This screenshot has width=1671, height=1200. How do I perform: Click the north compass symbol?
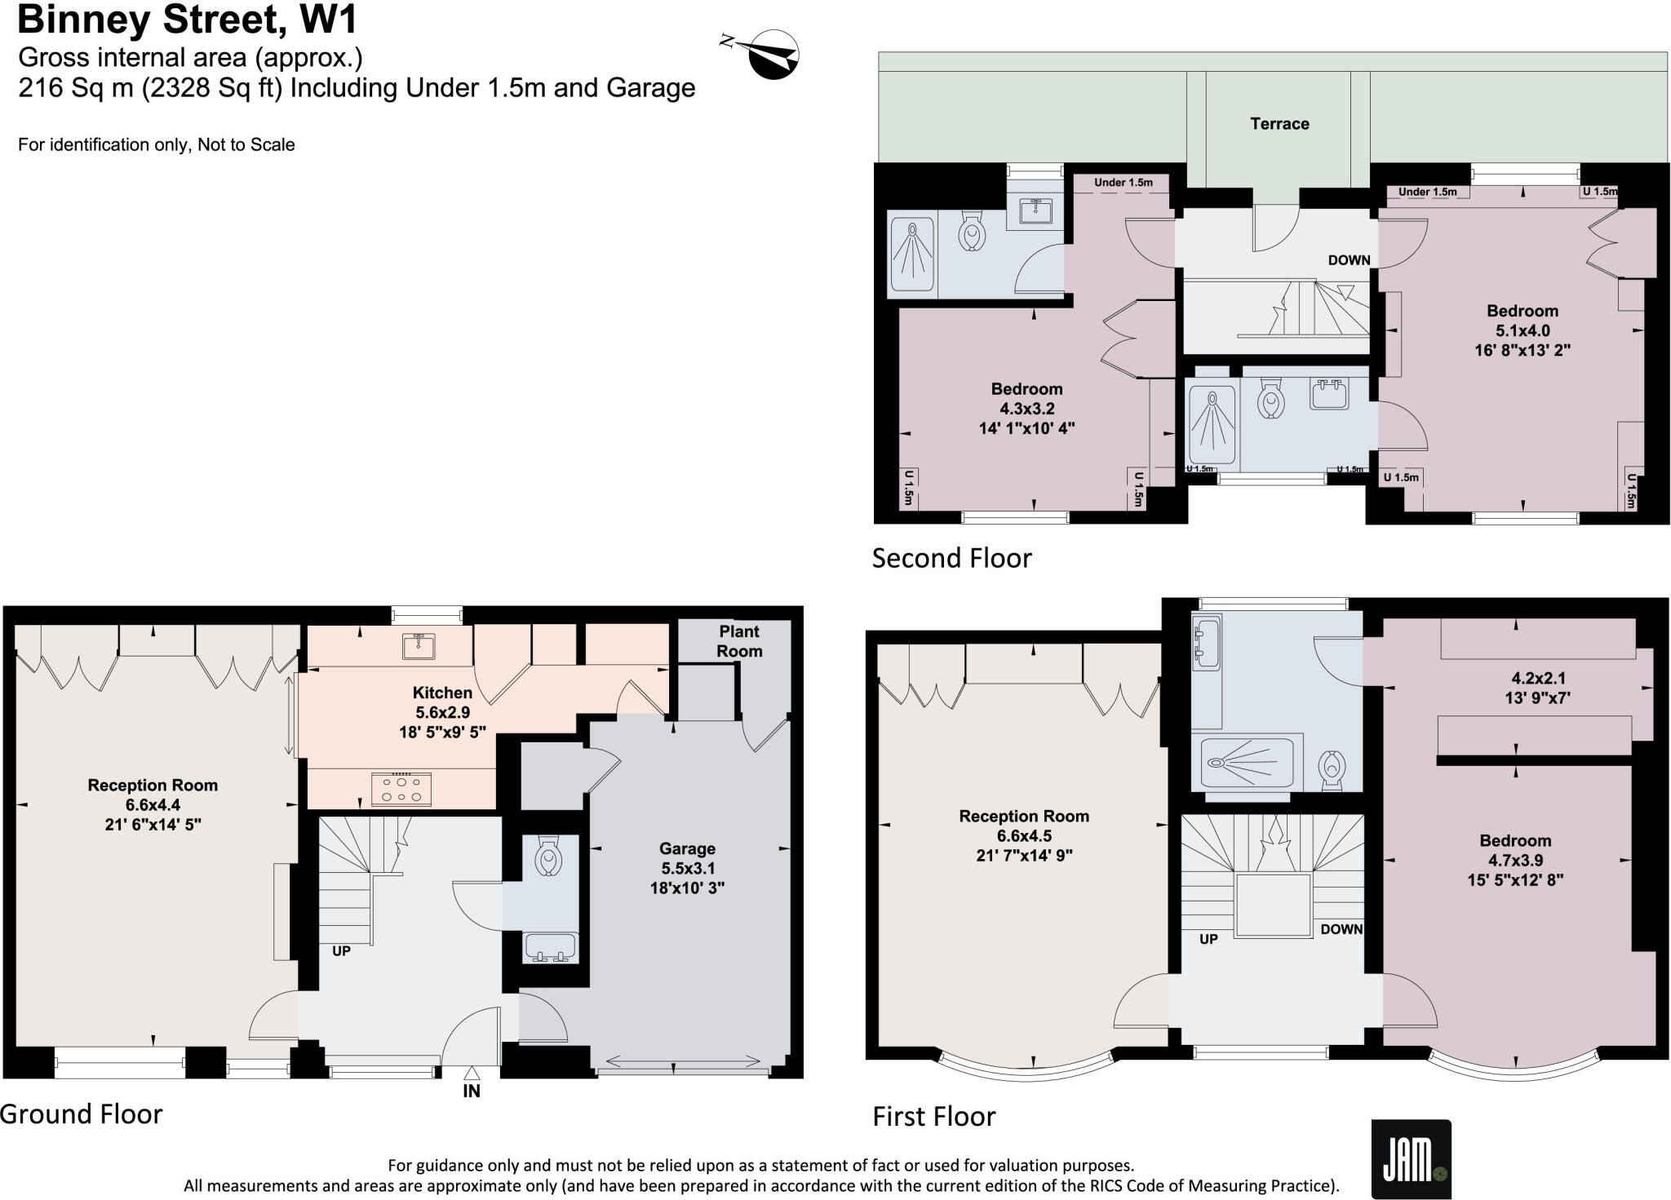click(771, 54)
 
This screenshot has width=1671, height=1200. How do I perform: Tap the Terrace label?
click(1279, 124)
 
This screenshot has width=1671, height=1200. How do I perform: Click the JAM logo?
click(1411, 1159)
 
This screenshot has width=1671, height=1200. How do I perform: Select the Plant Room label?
click(739, 641)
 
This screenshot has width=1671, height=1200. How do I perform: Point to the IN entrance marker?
click(472, 1091)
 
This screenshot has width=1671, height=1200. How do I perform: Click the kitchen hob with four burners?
click(401, 789)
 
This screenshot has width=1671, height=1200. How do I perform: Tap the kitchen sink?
click(419, 646)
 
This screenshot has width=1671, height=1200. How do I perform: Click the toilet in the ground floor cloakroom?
click(549, 859)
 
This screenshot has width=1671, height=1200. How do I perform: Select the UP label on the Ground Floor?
click(341, 951)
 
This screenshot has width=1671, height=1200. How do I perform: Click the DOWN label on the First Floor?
click(1341, 929)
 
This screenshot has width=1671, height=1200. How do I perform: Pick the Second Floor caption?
click(951, 558)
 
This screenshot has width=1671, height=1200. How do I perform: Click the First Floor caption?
click(933, 1116)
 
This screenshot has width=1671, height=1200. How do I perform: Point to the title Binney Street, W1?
click(187, 20)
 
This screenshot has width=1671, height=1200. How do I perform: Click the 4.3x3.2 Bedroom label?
click(1026, 408)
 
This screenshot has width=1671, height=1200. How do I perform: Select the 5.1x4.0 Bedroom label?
click(1522, 330)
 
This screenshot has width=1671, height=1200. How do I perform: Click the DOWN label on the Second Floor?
click(1349, 260)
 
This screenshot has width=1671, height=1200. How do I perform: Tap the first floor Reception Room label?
click(1024, 835)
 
